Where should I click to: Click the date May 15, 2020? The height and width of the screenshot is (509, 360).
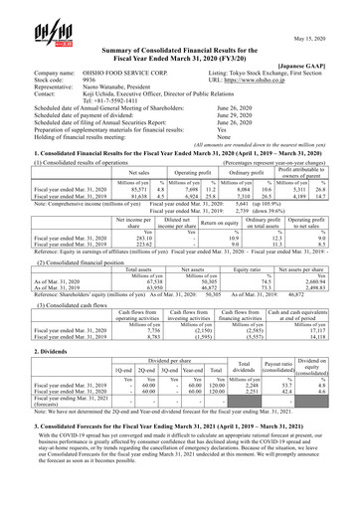(x=324, y=14)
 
